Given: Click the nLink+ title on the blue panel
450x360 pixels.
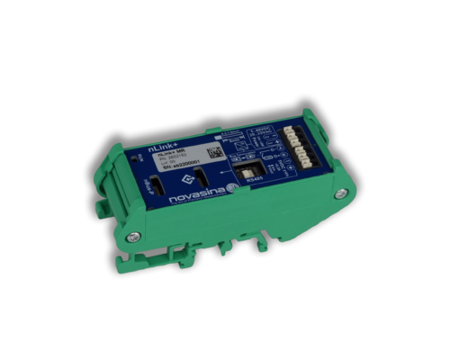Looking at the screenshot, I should point(162,139).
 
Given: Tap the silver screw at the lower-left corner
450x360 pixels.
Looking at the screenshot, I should point(133,237).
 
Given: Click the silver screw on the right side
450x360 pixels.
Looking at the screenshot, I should point(340,193).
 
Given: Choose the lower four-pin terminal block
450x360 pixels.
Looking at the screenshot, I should point(301,155).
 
